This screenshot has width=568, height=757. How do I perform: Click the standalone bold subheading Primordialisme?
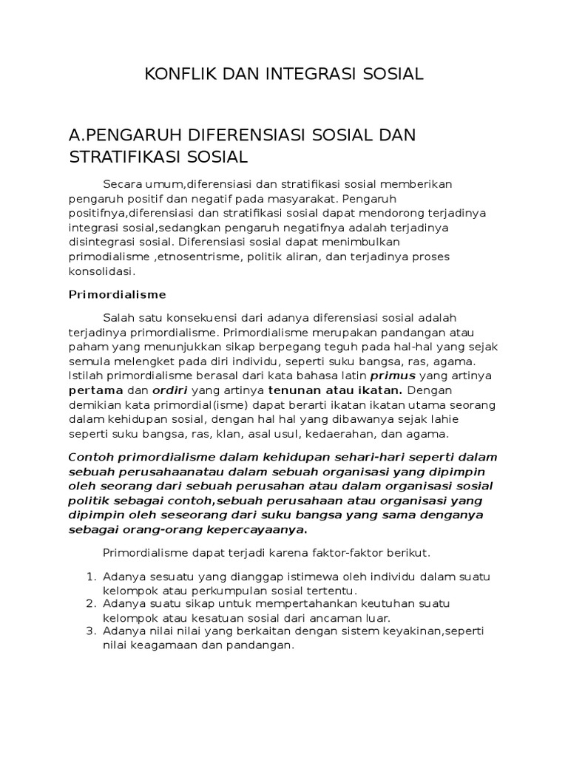[118, 293]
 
